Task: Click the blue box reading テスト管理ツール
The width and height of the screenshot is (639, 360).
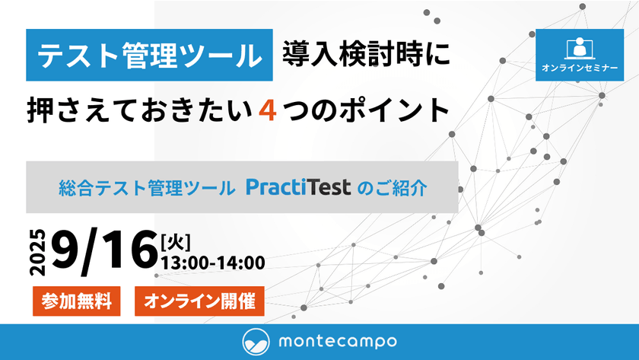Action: coord(149,55)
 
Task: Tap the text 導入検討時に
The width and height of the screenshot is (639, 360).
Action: coord(366,55)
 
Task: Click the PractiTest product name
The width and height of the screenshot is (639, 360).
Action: coord(297,187)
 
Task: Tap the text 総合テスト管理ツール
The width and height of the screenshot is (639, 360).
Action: coord(146,188)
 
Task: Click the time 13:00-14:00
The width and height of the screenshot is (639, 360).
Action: coord(212,263)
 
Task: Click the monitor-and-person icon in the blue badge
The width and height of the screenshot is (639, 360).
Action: coord(580,46)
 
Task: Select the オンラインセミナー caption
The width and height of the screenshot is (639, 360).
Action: coord(580,68)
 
